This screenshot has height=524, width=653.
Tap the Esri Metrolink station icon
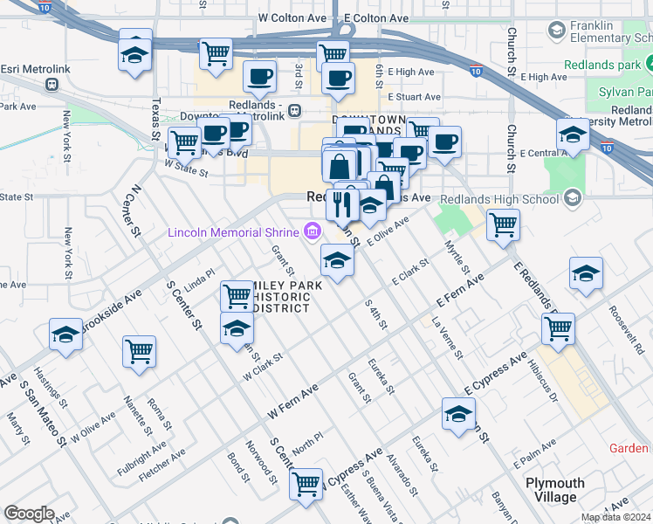coord(52,85)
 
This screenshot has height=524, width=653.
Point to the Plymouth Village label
coord(555,490)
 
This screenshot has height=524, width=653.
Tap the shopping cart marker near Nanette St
coord(140,351)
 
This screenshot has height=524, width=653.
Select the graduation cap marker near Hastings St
coord(65,335)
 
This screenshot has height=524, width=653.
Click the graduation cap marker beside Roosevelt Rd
coord(586,273)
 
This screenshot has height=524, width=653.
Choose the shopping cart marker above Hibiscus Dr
coord(558,329)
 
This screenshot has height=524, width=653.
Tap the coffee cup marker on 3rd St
coord(258,78)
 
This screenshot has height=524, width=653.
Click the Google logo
coord(29,514)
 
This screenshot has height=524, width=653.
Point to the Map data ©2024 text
coord(615,517)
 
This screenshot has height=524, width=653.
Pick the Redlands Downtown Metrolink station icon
coord(295,111)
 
